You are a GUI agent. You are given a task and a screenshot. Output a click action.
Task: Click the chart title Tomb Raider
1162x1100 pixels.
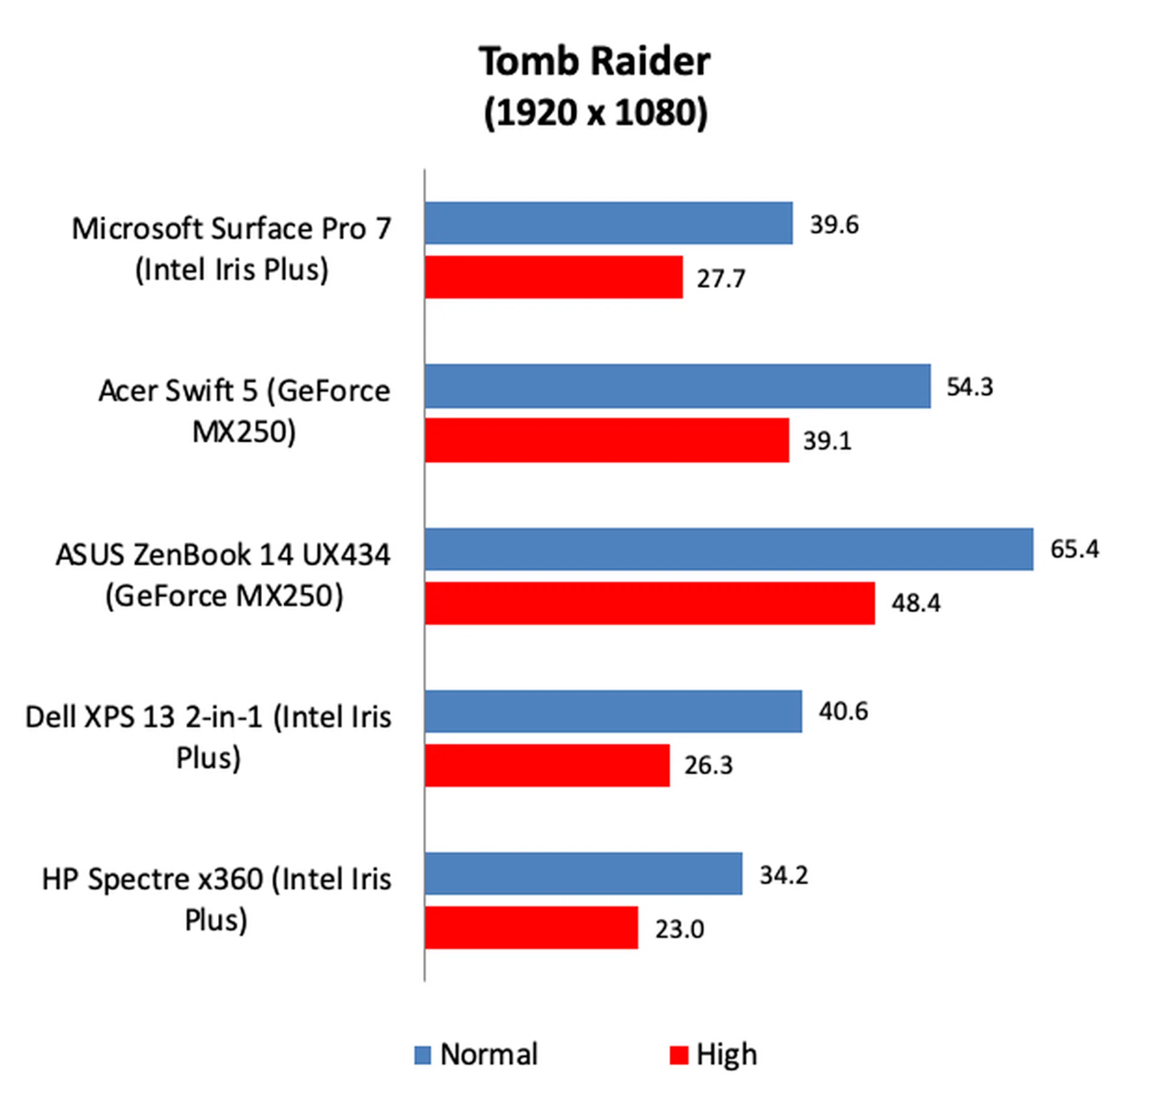click(x=594, y=62)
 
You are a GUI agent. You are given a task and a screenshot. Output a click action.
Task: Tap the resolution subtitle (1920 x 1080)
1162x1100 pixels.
click(x=596, y=113)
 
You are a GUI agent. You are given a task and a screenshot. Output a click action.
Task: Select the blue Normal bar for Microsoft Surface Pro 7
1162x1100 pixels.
click(x=608, y=223)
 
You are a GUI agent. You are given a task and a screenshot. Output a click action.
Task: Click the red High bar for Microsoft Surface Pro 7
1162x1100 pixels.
click(x=554, y=277)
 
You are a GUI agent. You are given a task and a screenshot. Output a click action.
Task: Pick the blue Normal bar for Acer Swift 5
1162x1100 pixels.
click(x=677, y=386)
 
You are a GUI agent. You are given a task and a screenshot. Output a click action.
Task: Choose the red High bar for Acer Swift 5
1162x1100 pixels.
click(x=606, y=440)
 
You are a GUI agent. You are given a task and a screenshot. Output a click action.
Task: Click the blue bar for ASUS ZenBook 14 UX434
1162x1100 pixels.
click(x=729, y=549)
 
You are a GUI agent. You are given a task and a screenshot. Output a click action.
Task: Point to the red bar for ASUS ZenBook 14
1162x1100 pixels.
click(x=649, y=603)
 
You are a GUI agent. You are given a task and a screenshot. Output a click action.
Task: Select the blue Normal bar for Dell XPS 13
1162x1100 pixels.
click(x=613, y=711)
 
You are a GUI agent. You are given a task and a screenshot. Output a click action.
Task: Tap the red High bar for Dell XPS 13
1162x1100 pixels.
click(x=547, y=765)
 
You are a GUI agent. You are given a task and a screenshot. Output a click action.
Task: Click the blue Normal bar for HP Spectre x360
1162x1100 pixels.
click(x=583, y=874)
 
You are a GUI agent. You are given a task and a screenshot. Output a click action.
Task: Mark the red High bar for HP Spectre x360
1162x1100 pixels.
click(x=531, y=928)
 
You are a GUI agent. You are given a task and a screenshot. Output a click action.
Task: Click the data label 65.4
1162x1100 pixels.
click(x=1074, y=549)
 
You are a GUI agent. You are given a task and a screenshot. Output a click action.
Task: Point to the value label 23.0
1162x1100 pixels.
click(x=679, y=929)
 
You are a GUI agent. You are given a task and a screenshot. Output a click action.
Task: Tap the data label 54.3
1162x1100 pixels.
click(x=970, y=387)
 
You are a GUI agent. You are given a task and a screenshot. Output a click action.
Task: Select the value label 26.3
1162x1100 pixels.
click(x=708, y=765)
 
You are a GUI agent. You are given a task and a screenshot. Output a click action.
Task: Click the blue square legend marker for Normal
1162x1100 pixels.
click(x=422, y=1055)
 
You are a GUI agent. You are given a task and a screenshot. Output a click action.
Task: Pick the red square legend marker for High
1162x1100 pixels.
click(x=678, y=1055)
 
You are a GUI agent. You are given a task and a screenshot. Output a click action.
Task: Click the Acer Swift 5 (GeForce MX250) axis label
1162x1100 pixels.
click(x=244, y=411)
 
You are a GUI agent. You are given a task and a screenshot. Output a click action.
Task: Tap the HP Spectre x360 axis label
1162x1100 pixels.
click(x=216, y=900)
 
